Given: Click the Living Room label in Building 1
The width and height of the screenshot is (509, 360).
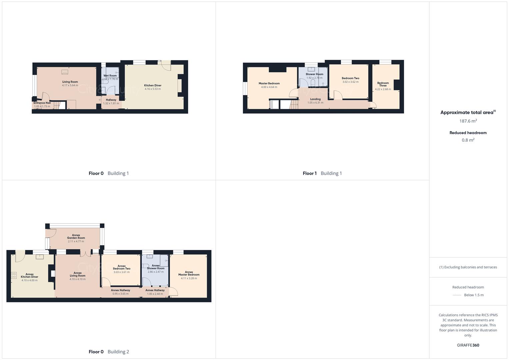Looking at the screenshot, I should [70, 82].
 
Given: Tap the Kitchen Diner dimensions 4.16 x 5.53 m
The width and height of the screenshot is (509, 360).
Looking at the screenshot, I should [153, 89].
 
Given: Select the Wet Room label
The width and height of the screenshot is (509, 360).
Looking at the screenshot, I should [110, 76].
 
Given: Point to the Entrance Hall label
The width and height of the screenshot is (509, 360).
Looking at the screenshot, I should [42, 103].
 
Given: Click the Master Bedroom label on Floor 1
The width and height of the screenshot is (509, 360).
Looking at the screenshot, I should [269, 83].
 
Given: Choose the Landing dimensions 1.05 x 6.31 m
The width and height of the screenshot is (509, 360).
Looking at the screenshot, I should [315, 103].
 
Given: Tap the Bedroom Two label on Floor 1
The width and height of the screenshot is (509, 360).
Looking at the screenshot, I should [350, 78].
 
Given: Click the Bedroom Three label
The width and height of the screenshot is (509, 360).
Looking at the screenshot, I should [383, 84].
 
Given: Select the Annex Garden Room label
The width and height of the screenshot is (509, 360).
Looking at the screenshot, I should [76, 237].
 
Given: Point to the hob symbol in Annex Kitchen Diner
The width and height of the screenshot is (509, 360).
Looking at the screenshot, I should [14, 275].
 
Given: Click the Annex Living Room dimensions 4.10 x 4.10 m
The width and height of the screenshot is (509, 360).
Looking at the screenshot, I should [78, 279].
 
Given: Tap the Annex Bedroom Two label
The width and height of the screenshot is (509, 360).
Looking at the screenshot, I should [122, 267].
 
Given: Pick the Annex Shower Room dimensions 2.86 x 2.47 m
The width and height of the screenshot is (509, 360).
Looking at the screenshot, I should [156, 272].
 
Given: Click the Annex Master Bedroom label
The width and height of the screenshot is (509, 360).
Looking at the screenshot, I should [189, 273].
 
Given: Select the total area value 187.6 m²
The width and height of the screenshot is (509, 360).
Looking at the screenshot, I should [468, 121].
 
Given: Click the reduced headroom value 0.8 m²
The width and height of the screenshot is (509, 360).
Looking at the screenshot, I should [468, 140].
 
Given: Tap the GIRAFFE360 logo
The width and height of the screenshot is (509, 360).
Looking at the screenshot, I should [468, 345].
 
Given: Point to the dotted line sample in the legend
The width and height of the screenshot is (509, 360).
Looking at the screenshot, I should [457, 295].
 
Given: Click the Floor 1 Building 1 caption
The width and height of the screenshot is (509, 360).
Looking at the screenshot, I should [322, 173].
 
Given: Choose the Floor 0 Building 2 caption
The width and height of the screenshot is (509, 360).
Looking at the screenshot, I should [109, 352].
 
